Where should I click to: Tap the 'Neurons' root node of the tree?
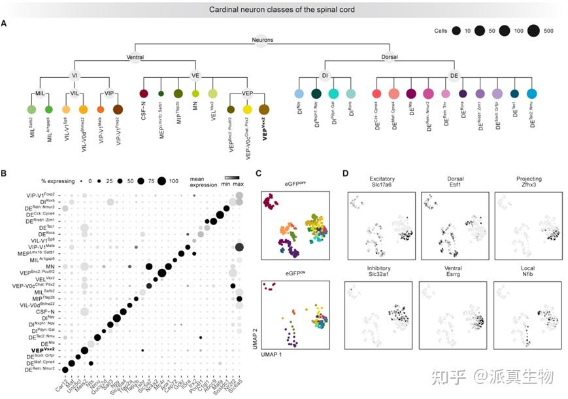261,41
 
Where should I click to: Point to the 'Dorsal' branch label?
393,57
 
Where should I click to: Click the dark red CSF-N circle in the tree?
144,94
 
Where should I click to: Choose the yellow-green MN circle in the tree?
194,94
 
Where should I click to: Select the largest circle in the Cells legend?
532,31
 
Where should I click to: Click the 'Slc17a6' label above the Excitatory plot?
382,185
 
